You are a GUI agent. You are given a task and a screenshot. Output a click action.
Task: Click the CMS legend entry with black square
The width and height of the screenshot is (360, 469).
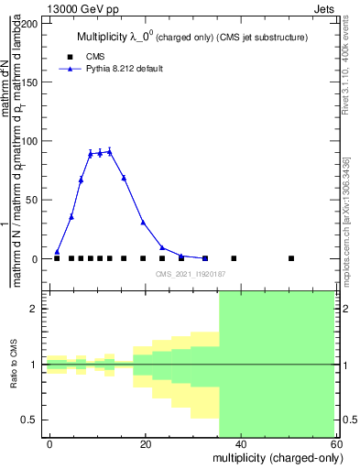point(94,56)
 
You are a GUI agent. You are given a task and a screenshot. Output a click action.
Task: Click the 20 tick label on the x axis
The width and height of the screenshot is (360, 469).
point(145,443)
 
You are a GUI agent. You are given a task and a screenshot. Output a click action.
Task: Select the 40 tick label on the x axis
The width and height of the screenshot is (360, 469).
point(240,443)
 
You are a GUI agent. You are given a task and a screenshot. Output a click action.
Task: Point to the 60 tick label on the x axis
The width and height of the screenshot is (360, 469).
point(334,443)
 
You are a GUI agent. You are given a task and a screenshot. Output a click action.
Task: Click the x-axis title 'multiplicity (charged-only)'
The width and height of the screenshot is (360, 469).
point(272,458)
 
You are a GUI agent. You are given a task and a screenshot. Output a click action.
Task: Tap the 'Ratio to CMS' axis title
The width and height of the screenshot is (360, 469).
point(14,365)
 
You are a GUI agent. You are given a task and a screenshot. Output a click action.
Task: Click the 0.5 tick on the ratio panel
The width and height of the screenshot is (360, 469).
point(32,420)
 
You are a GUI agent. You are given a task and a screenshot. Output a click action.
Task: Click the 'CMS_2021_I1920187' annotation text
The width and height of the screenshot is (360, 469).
point(191,274)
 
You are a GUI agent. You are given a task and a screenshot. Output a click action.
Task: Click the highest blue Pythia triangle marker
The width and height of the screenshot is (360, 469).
point(109,151)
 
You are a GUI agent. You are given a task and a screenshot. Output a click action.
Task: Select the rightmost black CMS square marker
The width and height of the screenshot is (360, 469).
point(291,258)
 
